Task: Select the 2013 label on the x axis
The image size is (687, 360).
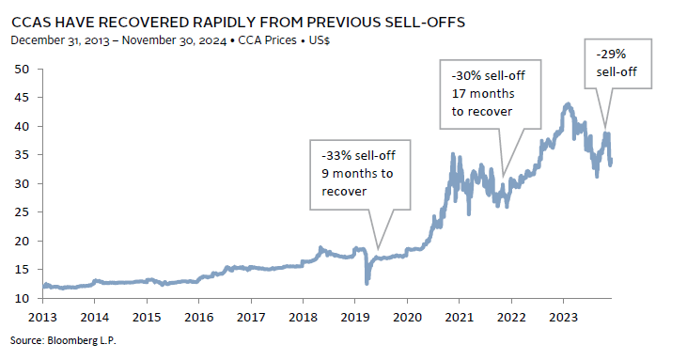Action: [x=42, y=317]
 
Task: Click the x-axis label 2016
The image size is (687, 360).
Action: [x=199, y=317]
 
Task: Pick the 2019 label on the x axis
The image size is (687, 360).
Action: [x=355, y=317]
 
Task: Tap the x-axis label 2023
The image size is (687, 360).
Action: [x=564, y=317]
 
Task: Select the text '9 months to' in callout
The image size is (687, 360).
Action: [x=357, y=174]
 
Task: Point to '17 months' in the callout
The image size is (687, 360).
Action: [x=483, y=94]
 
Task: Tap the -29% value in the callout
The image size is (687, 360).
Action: [x=611, y=55]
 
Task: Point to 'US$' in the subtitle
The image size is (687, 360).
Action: [x=319, y=40]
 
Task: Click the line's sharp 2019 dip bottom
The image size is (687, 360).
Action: [x=367, y=283]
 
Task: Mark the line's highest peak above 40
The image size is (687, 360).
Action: [x=568, y=104]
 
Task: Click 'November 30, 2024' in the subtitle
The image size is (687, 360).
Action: [x=174, y=40]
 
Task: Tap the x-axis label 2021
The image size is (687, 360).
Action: [x=460, y=317]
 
